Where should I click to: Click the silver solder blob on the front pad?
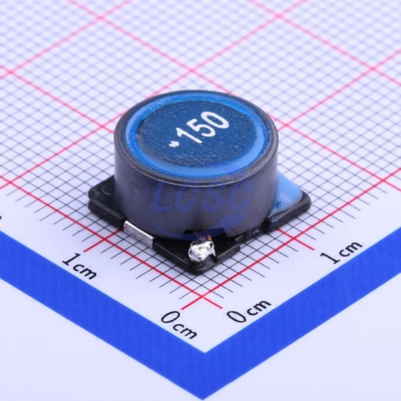[x=201, y=251]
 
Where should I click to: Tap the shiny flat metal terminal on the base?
[x=139, y=231]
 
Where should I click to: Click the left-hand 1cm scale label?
[x=80, y=267]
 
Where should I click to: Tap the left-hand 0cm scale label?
[x=179, y=324]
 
